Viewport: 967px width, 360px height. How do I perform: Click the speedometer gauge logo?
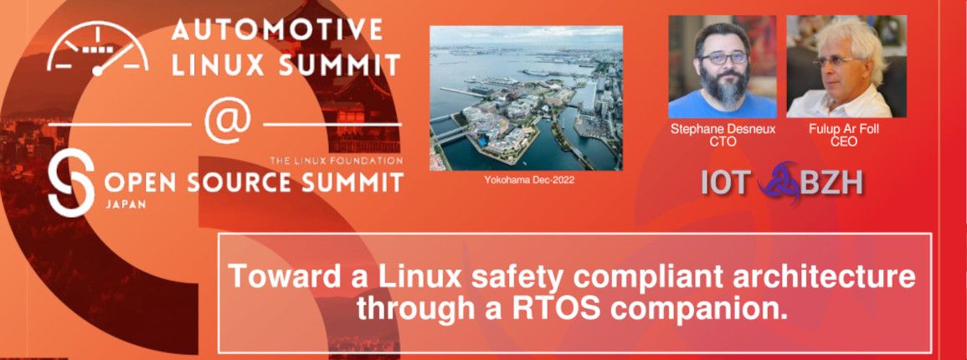[98, 49]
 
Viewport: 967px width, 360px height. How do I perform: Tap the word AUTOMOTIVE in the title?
[277, 30]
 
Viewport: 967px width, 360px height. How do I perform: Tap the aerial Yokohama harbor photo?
[526, 97]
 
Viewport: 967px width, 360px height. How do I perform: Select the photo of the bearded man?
[722, 67]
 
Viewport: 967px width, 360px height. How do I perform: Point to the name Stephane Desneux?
[722, 130]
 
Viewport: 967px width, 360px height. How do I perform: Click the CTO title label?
[722, 142]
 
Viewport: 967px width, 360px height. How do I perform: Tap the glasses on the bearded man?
[723, 59]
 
